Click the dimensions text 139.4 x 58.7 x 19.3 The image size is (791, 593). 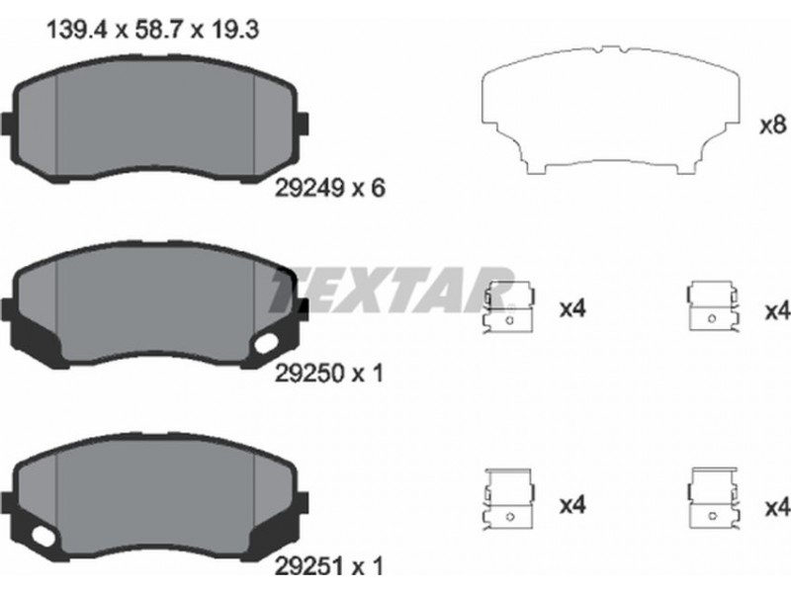point(153,30)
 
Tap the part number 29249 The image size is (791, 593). point(309,189)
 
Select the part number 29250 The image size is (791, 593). point(309,374)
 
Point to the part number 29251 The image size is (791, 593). point(309,565)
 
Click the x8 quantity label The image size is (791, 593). point(773,125)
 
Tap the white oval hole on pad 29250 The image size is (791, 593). point(266,343)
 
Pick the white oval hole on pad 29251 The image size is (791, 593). point(44,536)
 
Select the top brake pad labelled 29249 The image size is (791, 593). point(155,119)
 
